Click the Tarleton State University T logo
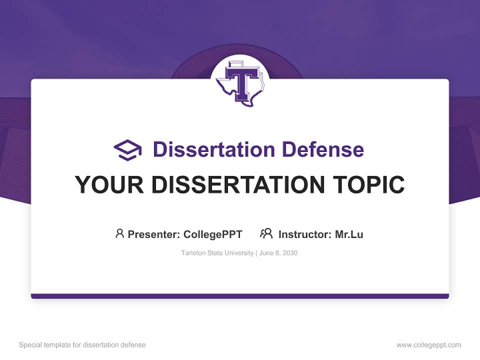click(x=240, y=81)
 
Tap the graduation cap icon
click(x=127, y=150)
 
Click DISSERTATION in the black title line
click(x=237, y=185)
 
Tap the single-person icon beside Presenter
click(x=119, y=233)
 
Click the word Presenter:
click(x=153, y=234)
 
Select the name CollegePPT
click(x=213, y=234)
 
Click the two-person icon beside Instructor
click(x=266, y=233)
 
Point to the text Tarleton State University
click(x=217, y=253)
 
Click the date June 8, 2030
click(x=278, y=253)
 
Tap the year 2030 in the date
click(x=290, y=253)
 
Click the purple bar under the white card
click(x=240, y=296)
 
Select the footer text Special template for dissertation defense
click(x=82, y=345)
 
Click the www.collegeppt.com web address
click(x=428, y=345)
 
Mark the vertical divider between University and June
click(x=256, y=253)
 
